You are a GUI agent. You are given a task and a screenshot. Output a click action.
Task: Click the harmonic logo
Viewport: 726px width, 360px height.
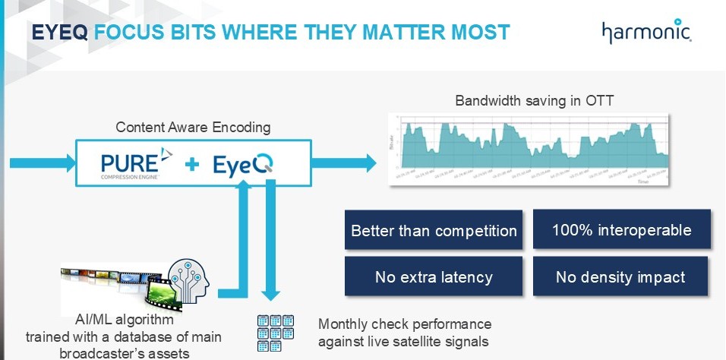647,33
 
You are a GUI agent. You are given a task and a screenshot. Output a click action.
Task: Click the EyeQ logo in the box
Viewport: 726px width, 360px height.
243,164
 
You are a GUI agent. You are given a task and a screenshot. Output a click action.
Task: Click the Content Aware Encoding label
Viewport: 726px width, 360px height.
193,128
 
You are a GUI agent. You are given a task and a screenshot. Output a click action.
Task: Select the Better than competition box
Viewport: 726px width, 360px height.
434,230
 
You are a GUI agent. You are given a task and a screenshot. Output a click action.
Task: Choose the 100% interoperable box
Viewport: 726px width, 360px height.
621,230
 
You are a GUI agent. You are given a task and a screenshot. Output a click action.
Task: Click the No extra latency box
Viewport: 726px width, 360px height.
434,276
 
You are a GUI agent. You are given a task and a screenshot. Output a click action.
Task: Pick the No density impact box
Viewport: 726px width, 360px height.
621,276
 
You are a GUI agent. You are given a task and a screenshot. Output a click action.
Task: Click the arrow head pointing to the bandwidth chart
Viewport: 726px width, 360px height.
370,162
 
